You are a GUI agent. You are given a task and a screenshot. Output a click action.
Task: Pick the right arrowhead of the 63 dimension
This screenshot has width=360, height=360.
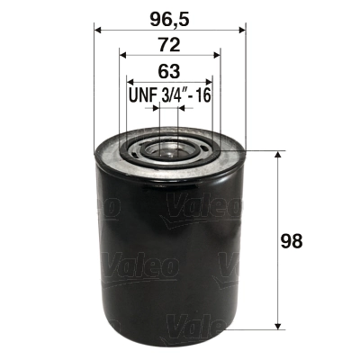pos(210,83)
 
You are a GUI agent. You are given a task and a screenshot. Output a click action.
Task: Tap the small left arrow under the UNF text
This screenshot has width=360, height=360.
pos(155,112)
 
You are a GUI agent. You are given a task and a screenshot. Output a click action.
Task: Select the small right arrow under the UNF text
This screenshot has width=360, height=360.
pos(184,112)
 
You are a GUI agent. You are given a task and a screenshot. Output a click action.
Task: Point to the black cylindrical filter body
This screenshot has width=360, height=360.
pos(169,252)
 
